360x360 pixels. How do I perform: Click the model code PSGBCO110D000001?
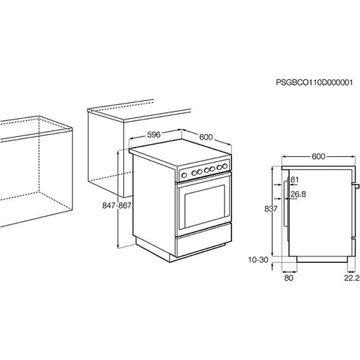(x=315, y=83)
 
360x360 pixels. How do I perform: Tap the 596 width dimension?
(x=153, y=135)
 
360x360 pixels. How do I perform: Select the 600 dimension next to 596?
(x=206, y=137)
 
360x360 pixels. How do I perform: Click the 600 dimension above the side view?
(x=318, y=156)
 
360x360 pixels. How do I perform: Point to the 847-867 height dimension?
(x=117, y=205)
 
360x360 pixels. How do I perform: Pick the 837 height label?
(x=271, y=209)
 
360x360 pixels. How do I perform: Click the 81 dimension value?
(x=294, y=179)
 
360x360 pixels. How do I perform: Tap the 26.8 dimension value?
(x=298, y=194)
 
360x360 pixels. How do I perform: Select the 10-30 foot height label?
(x=258, y=260)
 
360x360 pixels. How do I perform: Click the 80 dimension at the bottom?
(x=289, y=278)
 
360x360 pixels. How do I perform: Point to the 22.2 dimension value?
(x=352, y=278)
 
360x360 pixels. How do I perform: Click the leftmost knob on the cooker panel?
(x=184, y=175)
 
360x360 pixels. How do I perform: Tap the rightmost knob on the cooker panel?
(x=225, y=166)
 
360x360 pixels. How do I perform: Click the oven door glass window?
(x=204, y=206)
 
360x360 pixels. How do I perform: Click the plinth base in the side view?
(x=322, y=259)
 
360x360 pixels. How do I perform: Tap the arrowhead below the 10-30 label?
(x=272, y=266)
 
